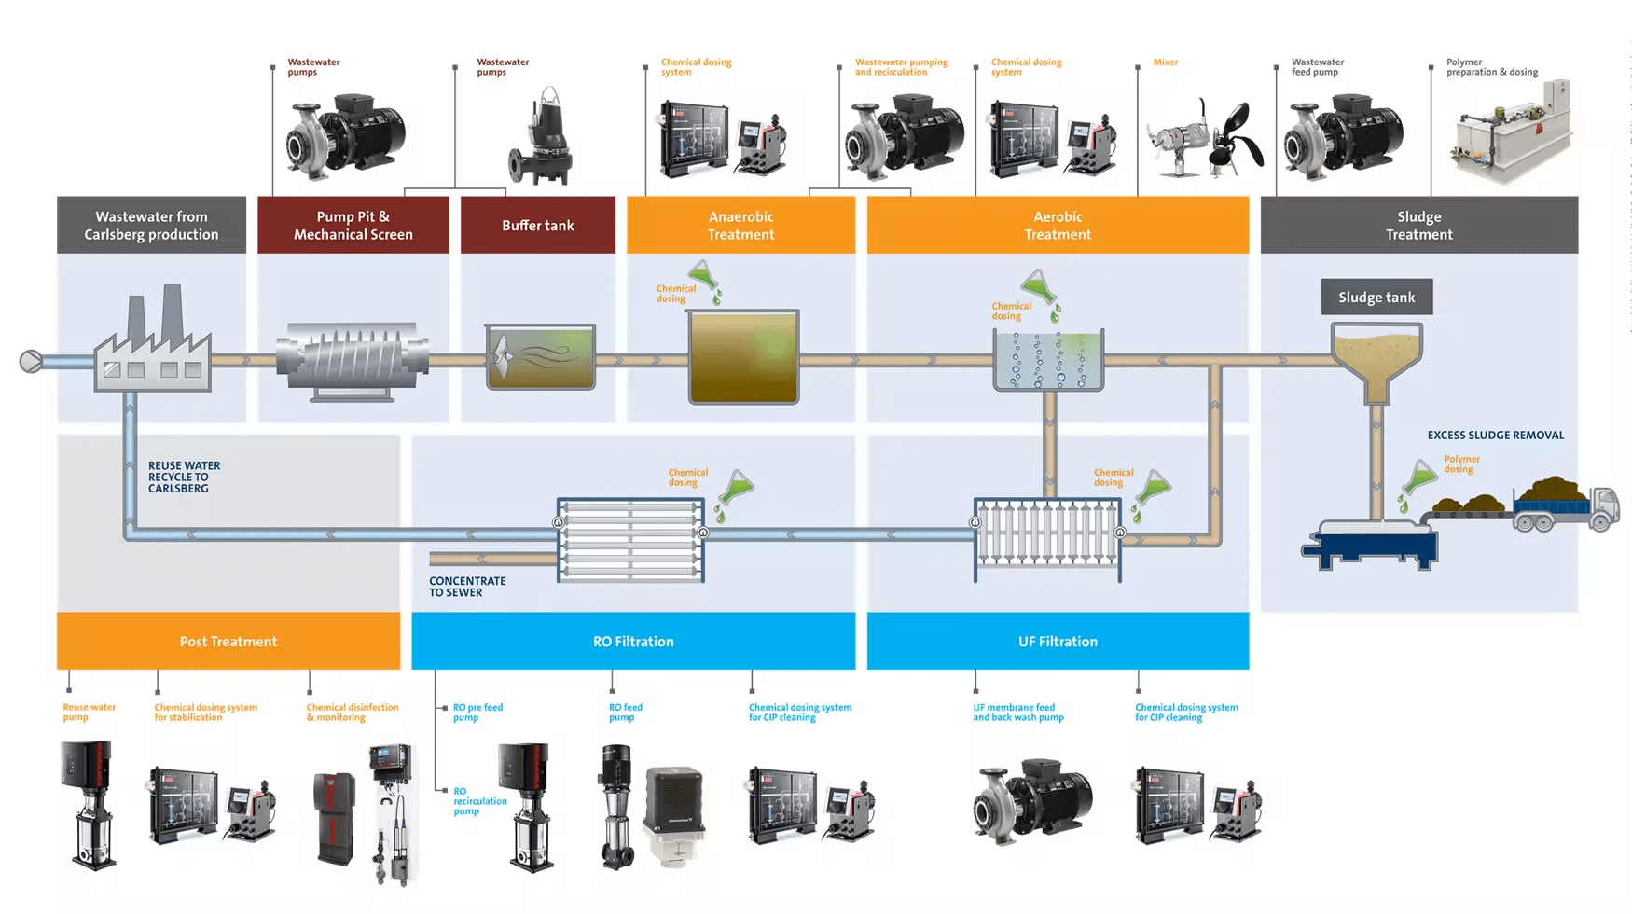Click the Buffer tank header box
tap(538, 225)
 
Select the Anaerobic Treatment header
tap(740, 225)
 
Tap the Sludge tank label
tap(1376, 298)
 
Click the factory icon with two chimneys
tap(154, 341)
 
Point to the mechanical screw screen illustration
tap(353, 360)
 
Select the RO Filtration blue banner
tap(633, 642)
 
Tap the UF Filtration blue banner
tap(1058, 642)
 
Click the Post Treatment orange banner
tap(228, 642)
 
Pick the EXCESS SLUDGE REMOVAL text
tap(1495, 436)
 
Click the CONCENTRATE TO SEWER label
tap(467, 587)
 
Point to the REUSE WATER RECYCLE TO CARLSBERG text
tap(184, 477)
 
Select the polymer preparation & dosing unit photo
tap(1511, 132)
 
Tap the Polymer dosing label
tap(1461, 464)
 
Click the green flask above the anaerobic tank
tap(703, 276)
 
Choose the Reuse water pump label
tap(89, 713)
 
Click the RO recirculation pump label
tap(479, 801)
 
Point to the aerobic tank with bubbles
tap(1048, 360)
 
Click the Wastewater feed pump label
tap(1317, 67)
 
